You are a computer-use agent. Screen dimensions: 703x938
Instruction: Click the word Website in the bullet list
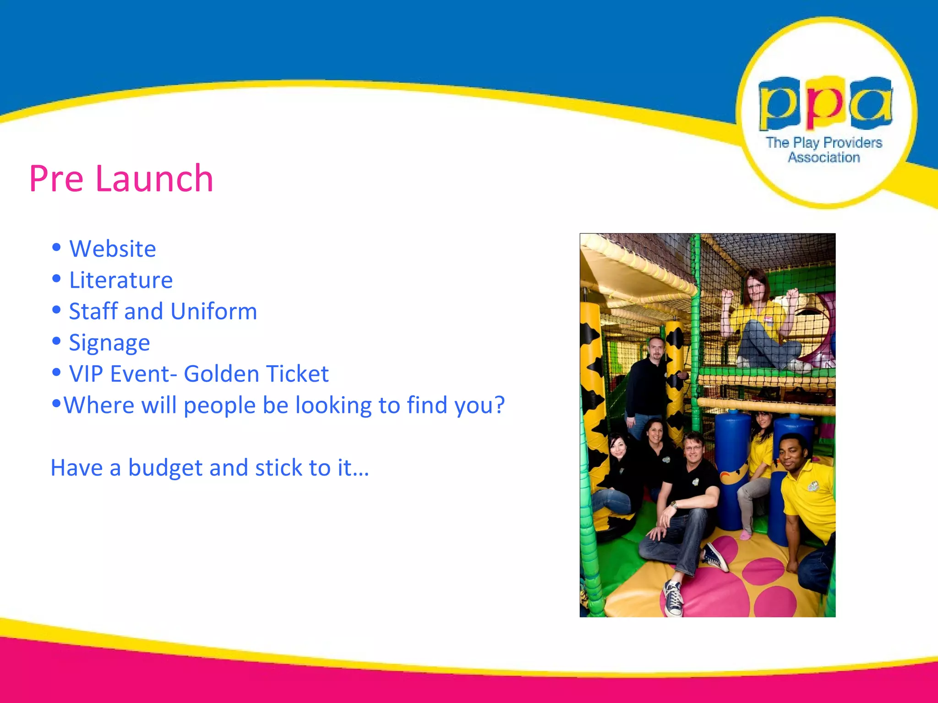[112, 249]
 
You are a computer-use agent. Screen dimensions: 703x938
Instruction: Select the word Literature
[121, 281]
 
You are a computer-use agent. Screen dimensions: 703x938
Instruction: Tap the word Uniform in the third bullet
[213, 312]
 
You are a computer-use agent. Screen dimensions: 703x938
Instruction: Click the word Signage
[109, 343]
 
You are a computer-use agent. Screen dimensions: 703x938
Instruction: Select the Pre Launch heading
[121, 178]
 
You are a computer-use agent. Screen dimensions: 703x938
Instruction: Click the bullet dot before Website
[56, 248]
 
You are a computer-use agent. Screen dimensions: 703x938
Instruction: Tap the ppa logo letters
[825, 103]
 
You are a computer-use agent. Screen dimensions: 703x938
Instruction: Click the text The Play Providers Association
[824, 150]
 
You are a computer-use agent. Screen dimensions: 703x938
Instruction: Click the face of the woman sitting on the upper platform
[755, 287]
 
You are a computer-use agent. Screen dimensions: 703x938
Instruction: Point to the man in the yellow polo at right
[806, 494]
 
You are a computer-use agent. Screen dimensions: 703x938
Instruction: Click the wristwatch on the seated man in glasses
[674, 505]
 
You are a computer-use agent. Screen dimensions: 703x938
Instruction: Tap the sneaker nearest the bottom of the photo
[673, 597]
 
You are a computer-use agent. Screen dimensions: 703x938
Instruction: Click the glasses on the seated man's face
[693, 447]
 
